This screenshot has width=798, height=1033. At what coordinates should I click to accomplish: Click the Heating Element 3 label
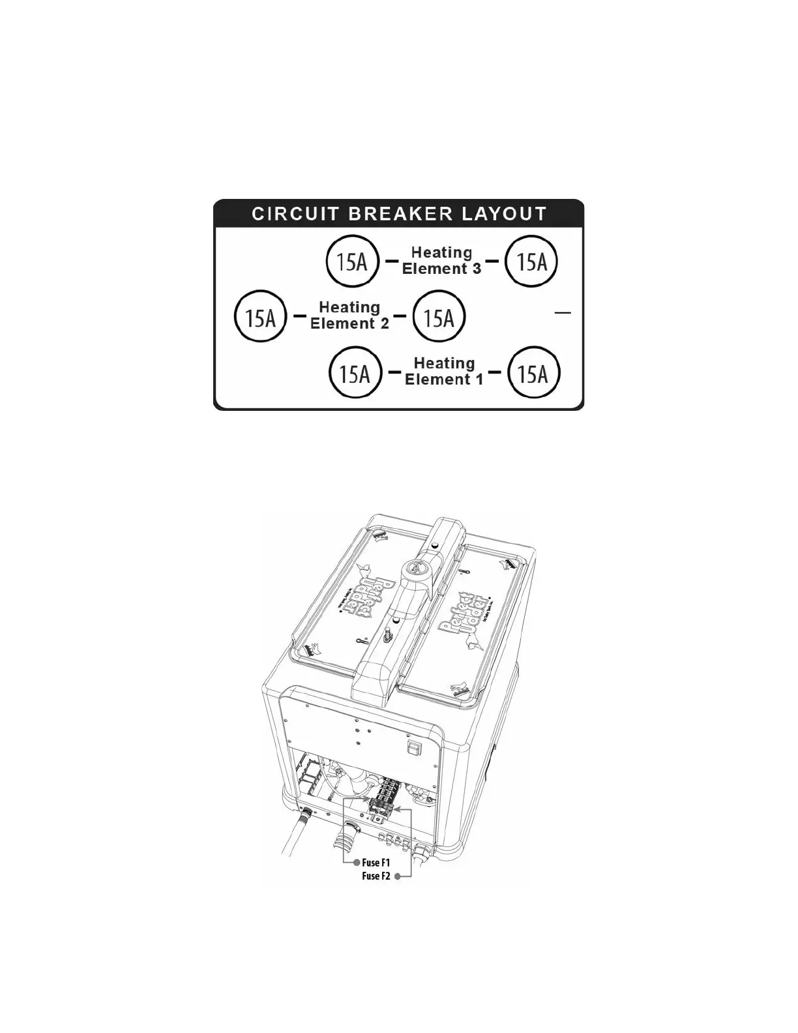(x=442, y=260)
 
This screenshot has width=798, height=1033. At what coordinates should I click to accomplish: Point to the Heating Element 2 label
(x=350, y=315)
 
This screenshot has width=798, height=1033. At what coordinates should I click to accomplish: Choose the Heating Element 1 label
(x=445, y=371)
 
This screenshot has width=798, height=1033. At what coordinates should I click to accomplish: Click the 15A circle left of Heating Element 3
(x=352, y=262)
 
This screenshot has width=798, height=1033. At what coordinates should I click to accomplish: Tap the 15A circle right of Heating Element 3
(x=532, y=262)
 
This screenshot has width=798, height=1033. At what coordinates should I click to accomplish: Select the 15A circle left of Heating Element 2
(x=260, y=318)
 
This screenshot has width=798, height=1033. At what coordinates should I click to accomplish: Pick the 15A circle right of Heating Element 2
(x=439, y=318)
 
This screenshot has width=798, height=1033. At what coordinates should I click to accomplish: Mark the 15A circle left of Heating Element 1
(x=355, y=374)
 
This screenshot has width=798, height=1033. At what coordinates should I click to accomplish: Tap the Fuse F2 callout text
(x=376, y=876)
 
